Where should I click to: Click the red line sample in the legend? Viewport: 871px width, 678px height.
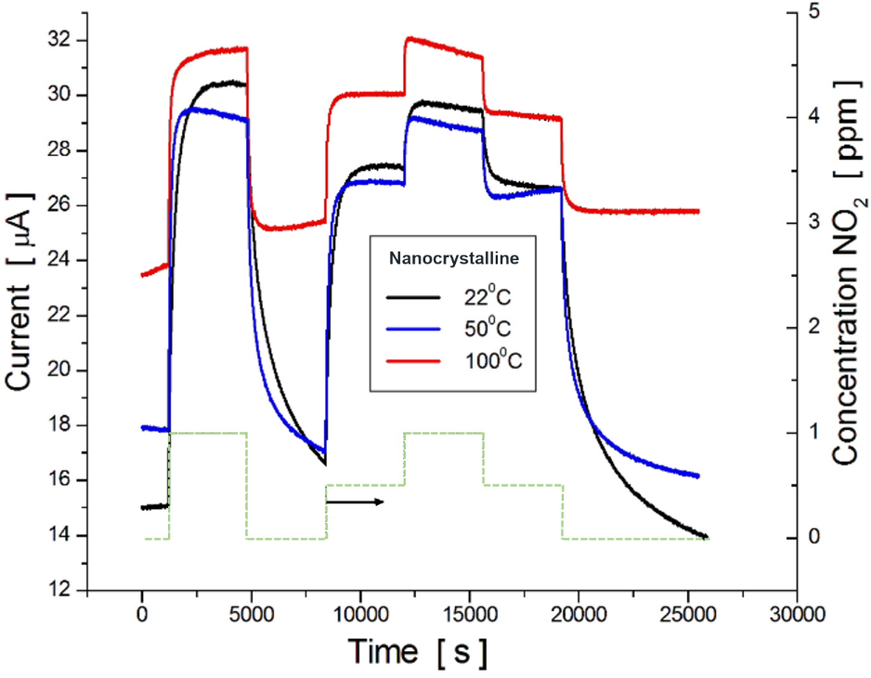(414, 359)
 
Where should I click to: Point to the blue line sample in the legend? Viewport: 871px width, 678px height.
(414, 329)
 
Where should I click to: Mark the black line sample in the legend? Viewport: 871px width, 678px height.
(414, 299)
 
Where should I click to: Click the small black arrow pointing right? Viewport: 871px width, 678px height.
(355, 502)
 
